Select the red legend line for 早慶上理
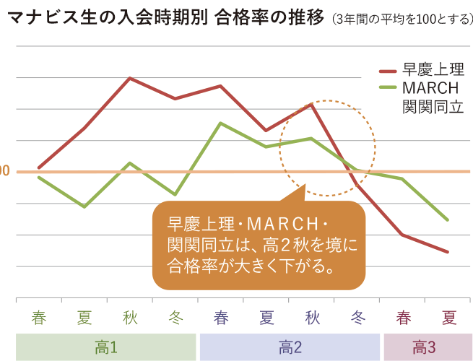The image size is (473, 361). tap(388, 71)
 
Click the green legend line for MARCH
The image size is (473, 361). tap(388, 88)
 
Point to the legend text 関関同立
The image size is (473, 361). tap(432, 107)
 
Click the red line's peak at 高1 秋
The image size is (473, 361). tap(129, 78)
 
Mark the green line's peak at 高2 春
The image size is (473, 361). tap(220, 123)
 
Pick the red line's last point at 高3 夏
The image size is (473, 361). tap(448, 252)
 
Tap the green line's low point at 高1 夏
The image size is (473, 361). tap(84, 206)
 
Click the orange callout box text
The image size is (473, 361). tap(258, 244)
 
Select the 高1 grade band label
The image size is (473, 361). tap(105, 347)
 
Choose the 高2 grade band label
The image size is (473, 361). tap(290, 347)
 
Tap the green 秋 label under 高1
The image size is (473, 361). tap(130, 318)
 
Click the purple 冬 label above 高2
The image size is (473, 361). tap(357, 318)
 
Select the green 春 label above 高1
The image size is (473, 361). tap(39, 318)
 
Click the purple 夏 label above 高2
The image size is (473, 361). tap(266, 318)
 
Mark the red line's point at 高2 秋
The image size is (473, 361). tap(311, 105)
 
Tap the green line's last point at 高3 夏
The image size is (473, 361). tap(448, 219)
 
